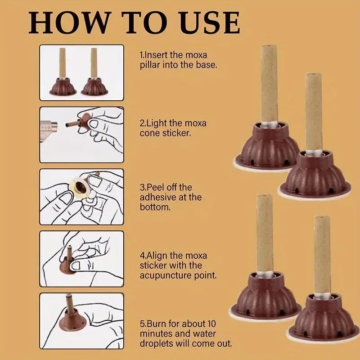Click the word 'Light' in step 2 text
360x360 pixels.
click(157, 123)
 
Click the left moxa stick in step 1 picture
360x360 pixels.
click(62, 63)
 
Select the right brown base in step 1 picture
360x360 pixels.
click(94, 87)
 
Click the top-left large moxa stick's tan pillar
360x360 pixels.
click(269, 84)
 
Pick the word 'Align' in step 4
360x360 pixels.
click(156, 256)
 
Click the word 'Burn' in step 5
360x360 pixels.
click(156, 324)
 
